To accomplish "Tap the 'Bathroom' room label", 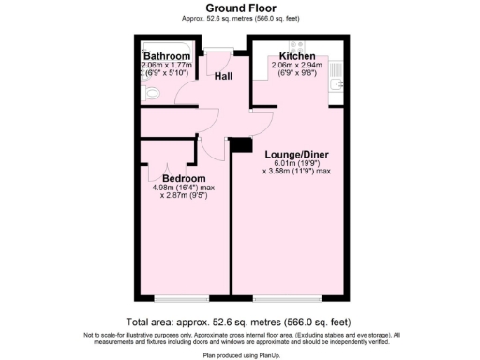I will pos(167,56).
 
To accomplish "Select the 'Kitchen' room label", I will pos(295,56).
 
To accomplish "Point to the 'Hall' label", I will pos(225,76).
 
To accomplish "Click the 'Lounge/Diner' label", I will pos(295,153).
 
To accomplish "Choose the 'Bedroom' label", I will pos(184,178).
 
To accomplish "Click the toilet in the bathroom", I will pos(150,94).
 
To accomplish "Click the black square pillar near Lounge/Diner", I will pos(240,144).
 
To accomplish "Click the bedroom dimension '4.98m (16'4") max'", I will pos(184,187).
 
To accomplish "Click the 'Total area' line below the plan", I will pos(239,321).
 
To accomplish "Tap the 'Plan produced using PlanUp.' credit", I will pos(239,356).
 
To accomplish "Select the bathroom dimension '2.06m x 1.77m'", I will pos(167,66).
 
